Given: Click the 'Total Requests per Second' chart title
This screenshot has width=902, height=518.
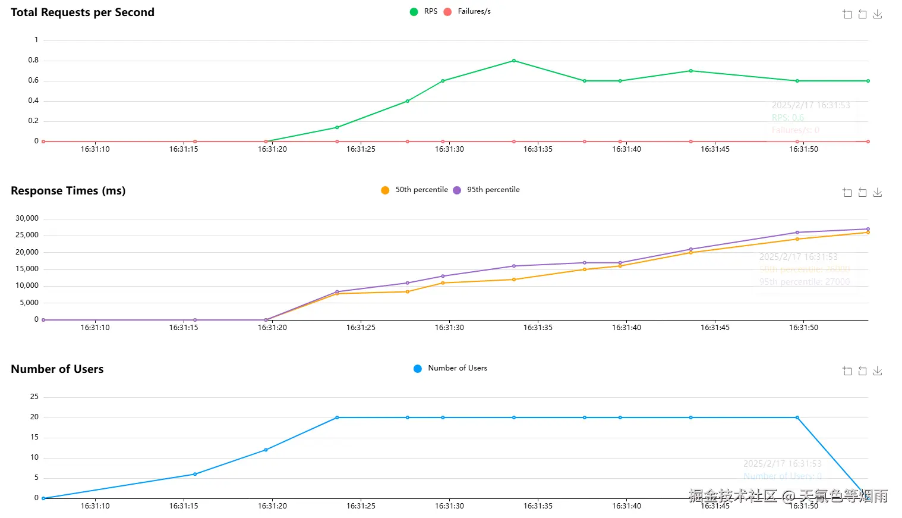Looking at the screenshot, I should coord(83,12).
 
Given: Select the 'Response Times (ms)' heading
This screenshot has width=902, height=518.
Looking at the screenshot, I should coord(68,191).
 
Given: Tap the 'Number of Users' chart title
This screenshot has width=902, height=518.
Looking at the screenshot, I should coord(57,369).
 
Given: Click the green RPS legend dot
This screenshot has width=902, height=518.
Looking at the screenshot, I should coord(414,12).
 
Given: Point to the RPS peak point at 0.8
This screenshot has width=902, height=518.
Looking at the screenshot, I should coord(514,61).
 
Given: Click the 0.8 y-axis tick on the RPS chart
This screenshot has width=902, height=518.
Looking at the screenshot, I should coord(33,60).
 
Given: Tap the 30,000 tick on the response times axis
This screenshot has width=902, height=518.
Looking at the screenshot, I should coord(27,218).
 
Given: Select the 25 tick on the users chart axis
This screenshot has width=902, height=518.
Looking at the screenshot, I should coord(34,397).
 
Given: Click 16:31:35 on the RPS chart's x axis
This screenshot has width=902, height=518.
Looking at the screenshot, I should coord(538,149).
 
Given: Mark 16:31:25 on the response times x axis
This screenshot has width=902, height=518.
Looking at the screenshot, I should coord(361,328).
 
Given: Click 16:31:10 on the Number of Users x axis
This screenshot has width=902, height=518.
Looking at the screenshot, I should coord(95,506).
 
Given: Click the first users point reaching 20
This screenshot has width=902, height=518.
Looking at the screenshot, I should coord(337,417).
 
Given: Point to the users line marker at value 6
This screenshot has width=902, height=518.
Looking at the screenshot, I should coord(195,474).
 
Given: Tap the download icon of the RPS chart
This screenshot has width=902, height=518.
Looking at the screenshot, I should coord(878,14).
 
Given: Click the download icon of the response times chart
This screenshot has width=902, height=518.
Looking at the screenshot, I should coord(878,193).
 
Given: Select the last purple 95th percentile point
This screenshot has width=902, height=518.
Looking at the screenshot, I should coord(868,229).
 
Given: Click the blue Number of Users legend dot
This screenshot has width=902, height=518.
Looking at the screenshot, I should coord(418,369).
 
